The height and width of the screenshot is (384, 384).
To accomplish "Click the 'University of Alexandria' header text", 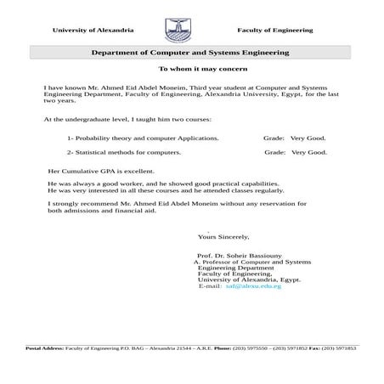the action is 93,31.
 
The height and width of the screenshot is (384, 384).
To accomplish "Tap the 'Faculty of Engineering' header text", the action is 274,31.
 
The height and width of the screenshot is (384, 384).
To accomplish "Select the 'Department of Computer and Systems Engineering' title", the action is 190,53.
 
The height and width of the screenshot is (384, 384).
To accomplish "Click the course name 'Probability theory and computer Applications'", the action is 143,137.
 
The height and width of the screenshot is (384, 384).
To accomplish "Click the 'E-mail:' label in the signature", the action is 210,286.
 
